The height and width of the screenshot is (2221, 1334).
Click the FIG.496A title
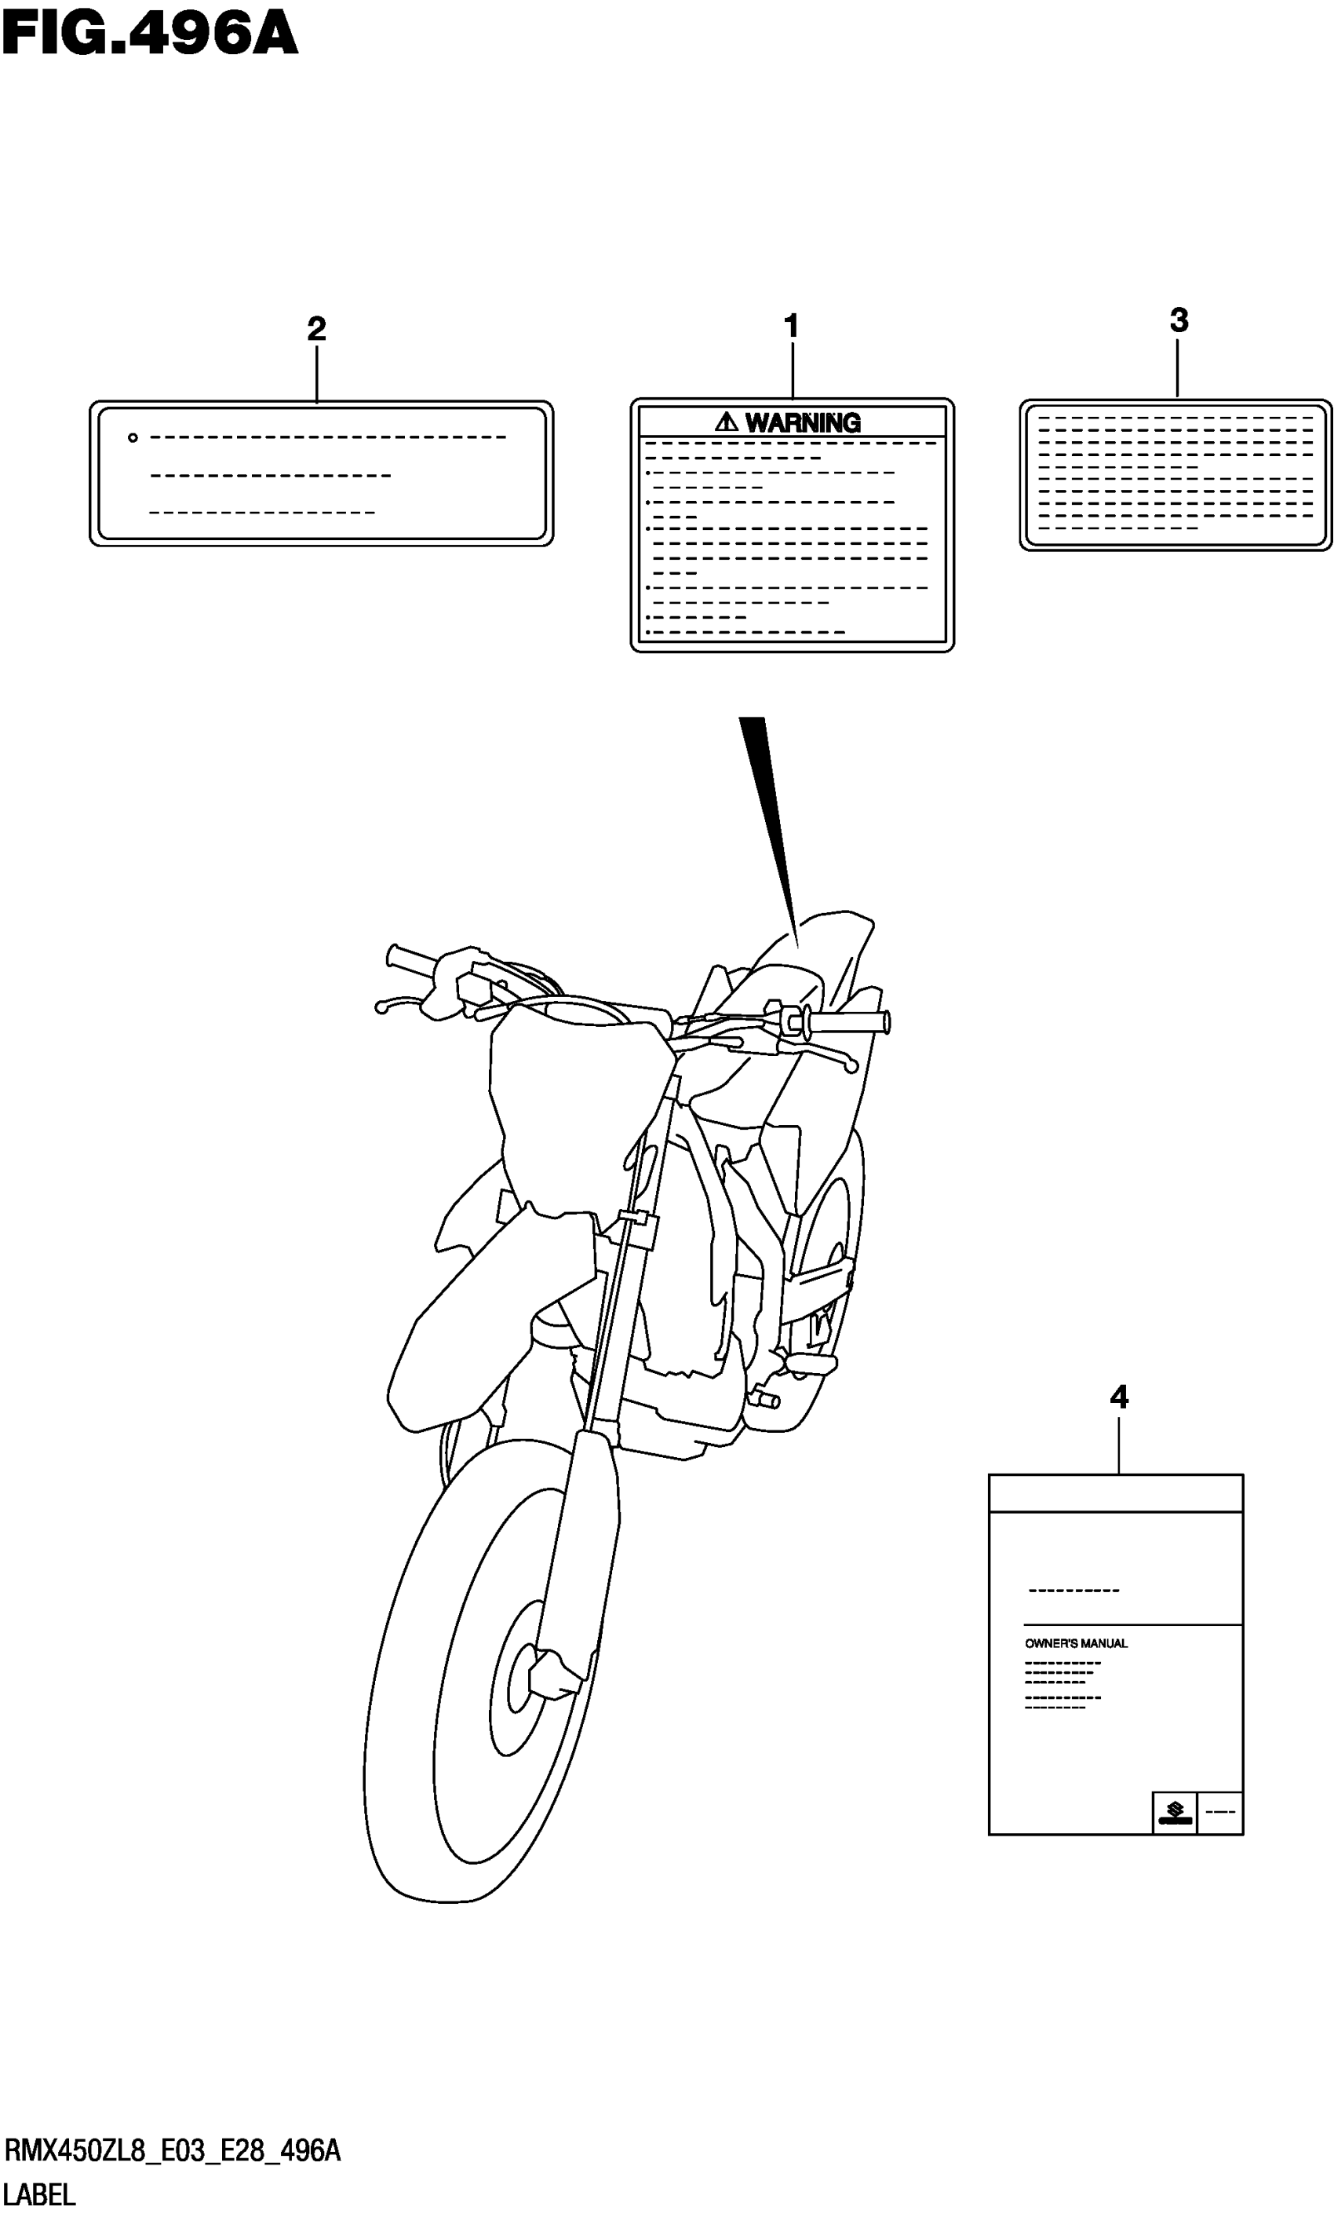pyautogui.click(x=149, y=36)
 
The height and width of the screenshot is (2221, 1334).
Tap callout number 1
pyautogui.click(x=791, y=326)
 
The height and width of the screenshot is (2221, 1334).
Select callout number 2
pyautogui.click(x=315, y=329)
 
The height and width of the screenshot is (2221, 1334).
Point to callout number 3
pyautogui.click(x=1179, y=320)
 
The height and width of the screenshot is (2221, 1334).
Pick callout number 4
pyautogui.click(x=1118, y=1397)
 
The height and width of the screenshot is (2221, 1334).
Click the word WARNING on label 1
pyautogui.click(x=803, y=422)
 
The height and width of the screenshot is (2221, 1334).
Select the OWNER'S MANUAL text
pyautogui.click(x=1076, y=1644)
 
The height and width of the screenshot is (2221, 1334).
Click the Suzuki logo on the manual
pyautogui.click(x=1174, y=1812)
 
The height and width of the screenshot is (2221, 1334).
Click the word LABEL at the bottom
pyautogui.click(x=39, y=2195)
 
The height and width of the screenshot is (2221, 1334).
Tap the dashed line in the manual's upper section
pyautogui.click(x=1073, y=1591)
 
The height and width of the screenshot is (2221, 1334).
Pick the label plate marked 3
pyautogui.click(x=1175, y=474)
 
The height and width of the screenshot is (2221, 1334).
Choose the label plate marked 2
pyautogui.click(x=321, y=474)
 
